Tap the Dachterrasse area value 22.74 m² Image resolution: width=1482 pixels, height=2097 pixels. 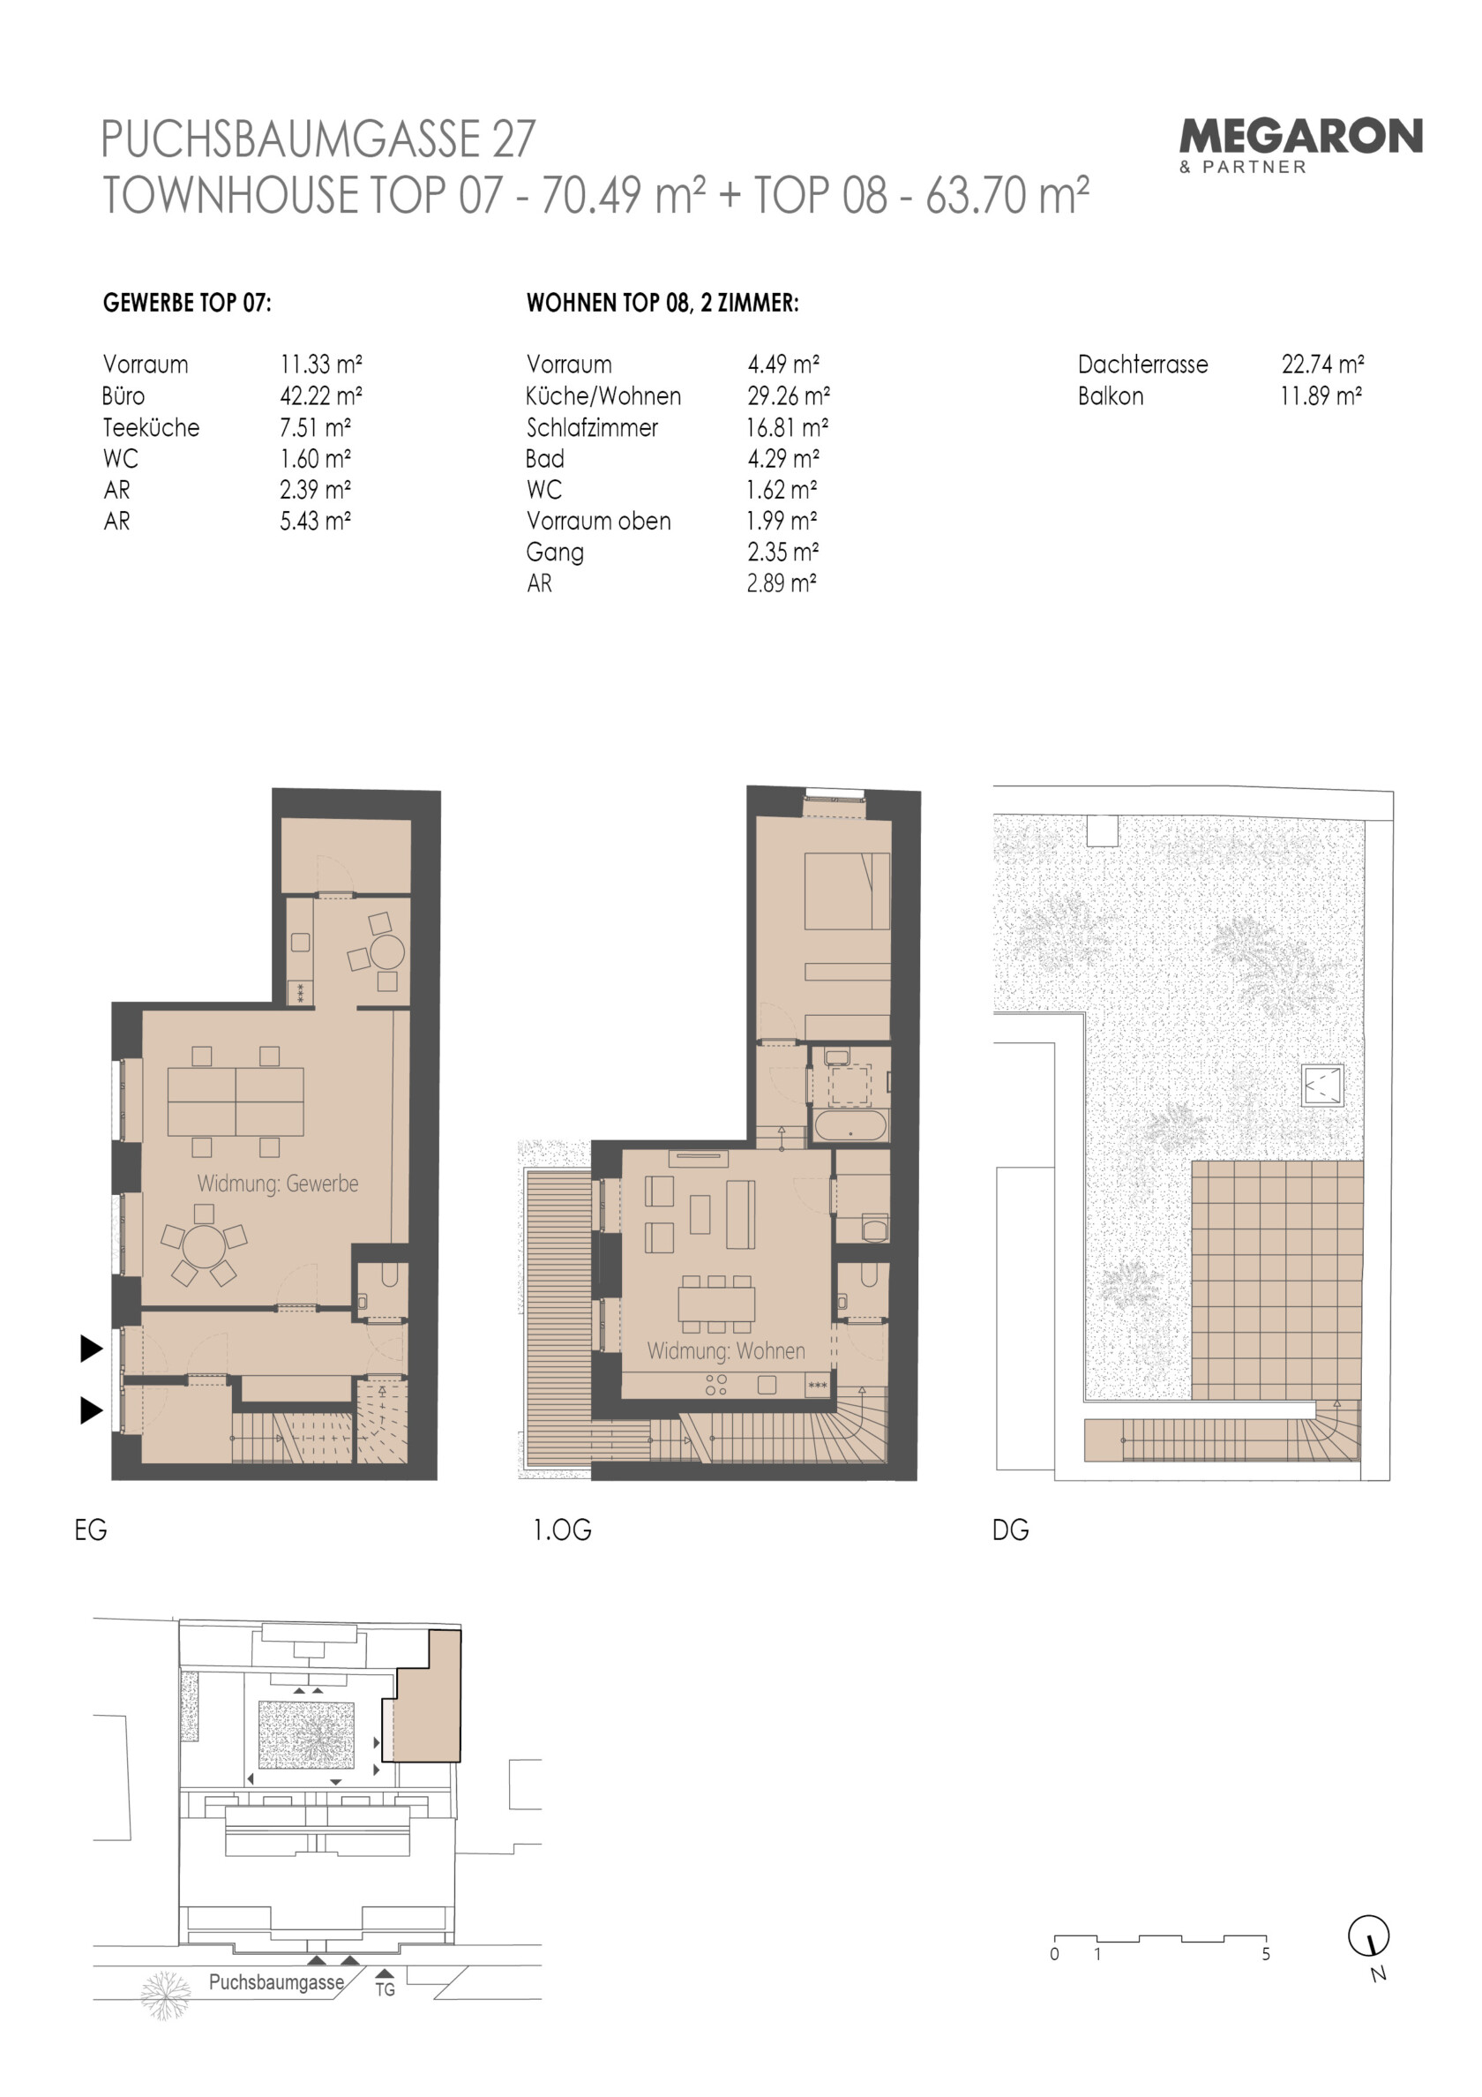[x=1322, y=365]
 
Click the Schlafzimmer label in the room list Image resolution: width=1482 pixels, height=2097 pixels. [x=592, y=427]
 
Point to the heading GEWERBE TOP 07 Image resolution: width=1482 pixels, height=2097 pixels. [x=187, y=304]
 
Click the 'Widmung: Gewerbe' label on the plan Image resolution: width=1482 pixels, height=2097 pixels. [x=278, y=1184]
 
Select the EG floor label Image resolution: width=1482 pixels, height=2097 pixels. [x=90, y=1530]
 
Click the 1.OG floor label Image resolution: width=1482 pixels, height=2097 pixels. [x=562, y=1530]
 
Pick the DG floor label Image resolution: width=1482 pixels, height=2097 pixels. [x=1010, y=1530]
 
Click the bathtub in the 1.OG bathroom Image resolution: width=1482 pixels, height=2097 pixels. [x=850, y=1125]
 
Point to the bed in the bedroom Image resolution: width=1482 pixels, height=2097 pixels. [x=847, y=891]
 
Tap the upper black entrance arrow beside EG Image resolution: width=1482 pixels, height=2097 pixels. [x=90, y=1348]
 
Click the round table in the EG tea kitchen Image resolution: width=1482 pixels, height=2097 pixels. [x=387, y=951]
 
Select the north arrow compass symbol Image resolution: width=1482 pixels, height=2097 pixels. [x=1369, y=1935]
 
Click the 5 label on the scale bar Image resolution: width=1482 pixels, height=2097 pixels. [x=1266, y=1955]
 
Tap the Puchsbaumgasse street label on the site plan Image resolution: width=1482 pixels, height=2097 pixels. [x=276, y=1982]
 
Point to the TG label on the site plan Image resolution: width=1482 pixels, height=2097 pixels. [x=385, y=1989]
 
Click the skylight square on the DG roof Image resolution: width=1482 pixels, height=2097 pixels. [x=1322, y=1086]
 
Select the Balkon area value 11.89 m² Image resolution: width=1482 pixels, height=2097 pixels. [x=1321, y=396]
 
